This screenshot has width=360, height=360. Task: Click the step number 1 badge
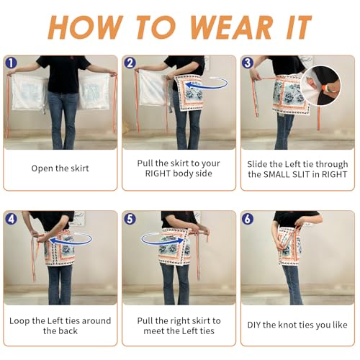pos(11,63)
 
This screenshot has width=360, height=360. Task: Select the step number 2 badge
pos(130,63)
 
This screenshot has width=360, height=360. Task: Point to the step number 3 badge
pos(248,63)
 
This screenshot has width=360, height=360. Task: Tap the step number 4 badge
pos(11,219)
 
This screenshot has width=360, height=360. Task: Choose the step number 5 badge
pos(130,219)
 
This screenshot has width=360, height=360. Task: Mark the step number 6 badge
pos(248,219)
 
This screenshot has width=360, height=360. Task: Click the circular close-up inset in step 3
pos(320,86)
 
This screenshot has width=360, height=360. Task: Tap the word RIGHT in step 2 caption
pos(158,174)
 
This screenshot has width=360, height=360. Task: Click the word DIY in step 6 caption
pos(254,325)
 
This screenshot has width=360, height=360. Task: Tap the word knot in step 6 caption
pos(288,325)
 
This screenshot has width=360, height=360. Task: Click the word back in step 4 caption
pos(68,331)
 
